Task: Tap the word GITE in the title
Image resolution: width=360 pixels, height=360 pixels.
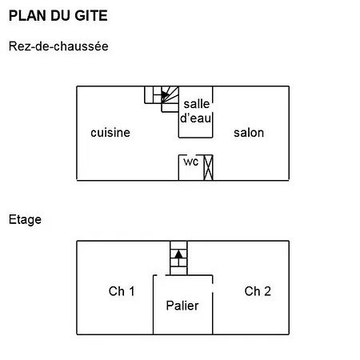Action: point(91,15)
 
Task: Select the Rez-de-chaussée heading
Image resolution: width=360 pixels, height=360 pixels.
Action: point(58,46)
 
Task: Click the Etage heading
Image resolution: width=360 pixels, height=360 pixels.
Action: point(25,220)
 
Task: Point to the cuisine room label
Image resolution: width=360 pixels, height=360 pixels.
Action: point(110,133)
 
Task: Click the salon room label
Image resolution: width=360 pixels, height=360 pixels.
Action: point(249,133)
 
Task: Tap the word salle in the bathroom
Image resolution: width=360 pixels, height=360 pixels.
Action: point(197,104)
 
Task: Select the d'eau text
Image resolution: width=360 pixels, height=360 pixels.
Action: point(195,118)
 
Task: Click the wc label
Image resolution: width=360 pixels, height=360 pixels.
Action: point(191,162)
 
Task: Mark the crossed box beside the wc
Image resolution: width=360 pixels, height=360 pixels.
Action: point(208,168)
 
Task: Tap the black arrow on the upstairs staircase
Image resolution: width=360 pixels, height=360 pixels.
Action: point(178,254)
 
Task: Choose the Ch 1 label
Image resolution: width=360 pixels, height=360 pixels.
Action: point(122,291)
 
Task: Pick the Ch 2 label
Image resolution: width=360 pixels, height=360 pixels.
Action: point(258,291)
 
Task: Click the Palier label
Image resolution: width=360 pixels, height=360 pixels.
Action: point(182,306)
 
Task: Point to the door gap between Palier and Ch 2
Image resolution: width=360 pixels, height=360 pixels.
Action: point(213,288)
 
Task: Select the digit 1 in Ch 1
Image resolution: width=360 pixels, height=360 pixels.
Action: point(132,291)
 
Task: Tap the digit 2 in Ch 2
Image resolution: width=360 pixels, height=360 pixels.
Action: point(267,291)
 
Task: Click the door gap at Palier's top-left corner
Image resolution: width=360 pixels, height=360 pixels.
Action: point(161,275)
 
